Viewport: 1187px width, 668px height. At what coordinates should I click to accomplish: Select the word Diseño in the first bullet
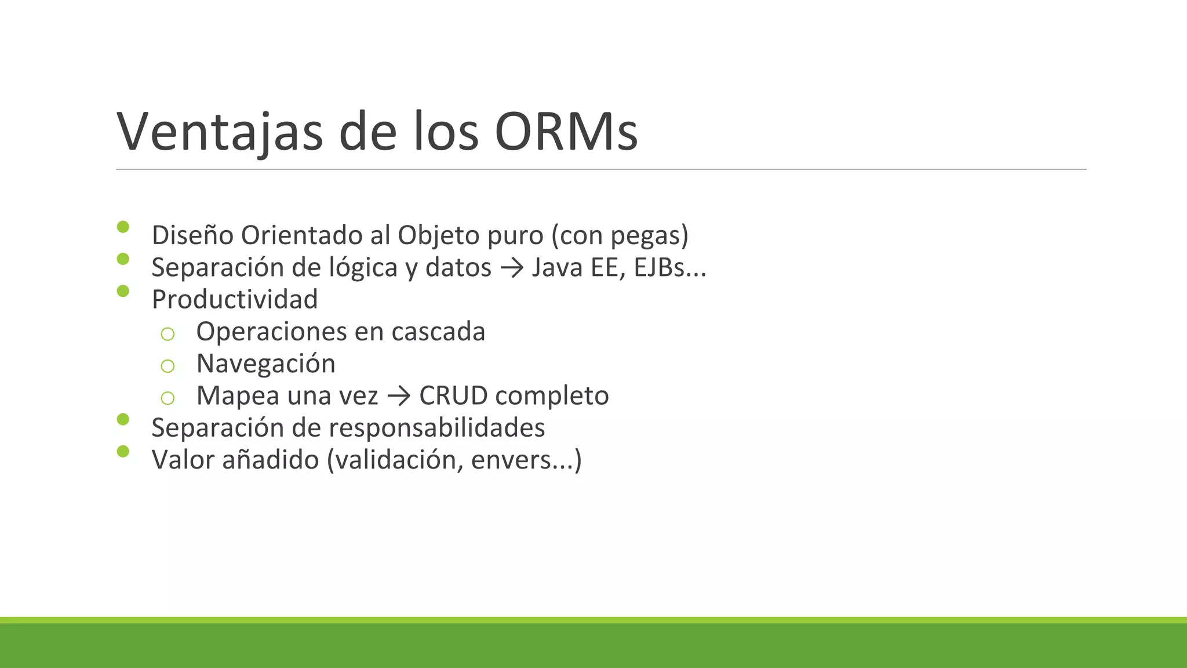192,235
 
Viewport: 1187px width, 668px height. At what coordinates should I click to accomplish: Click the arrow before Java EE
511,268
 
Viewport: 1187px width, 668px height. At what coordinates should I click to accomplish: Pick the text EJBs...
660,268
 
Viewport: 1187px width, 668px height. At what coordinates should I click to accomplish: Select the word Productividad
235,300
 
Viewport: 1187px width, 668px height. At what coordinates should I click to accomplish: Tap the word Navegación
266,364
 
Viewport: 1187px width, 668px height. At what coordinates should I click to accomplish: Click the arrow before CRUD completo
399,396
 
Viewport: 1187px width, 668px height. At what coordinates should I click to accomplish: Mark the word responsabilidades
437,428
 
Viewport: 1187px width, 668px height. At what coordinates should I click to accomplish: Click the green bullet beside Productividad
123,291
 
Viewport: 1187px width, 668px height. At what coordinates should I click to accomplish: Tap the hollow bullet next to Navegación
168,366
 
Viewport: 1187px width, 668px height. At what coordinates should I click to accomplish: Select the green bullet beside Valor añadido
123,451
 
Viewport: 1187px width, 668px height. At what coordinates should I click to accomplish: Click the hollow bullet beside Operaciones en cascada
168,334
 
